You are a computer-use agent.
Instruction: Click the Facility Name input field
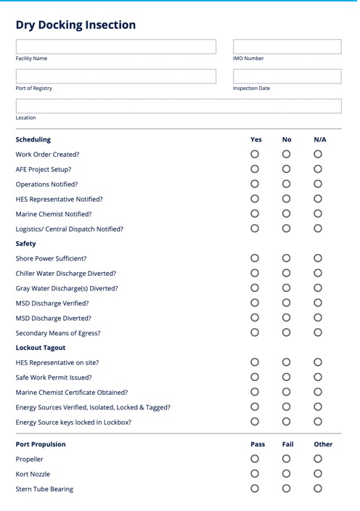[x=116, y=47]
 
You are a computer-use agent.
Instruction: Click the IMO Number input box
[x=287, y=47]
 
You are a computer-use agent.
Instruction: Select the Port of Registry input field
[x=116, y=76]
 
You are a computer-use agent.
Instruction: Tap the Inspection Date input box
[x=287, y=76]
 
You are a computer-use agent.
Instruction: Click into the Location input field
[x=179, y=106]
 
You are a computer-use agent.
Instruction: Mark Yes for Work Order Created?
[x=255, y=154]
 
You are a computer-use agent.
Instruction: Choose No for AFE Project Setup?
[x=286, y=169]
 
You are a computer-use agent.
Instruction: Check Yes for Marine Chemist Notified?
[x=255, y=213]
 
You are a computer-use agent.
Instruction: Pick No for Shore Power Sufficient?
[x=286, y=258]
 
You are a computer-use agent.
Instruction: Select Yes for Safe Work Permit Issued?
[x=255, y=377]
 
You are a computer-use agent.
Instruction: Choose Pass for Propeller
[x=255, y=459]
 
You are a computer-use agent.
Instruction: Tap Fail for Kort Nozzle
[x=286, y=473]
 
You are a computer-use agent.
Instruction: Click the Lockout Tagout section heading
[x=41, y=348]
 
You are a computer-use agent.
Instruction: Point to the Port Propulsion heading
[x=41, y=444]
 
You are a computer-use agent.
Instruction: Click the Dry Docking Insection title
[x=75, y=25]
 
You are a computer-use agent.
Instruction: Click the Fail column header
[x=287, y=444]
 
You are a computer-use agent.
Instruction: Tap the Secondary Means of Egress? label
[x=58, y=333]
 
